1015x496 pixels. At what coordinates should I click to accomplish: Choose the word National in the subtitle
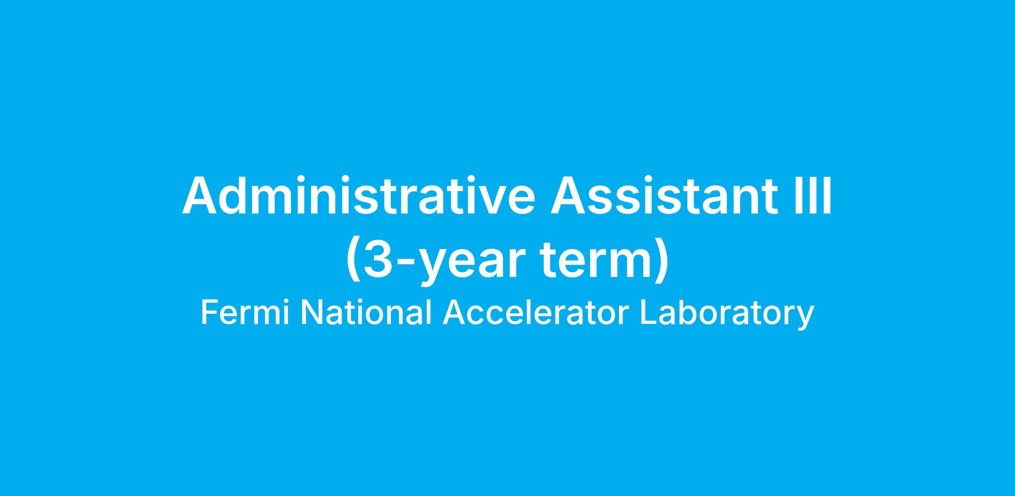[x=366, y=313]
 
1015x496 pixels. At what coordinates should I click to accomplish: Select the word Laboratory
[x=727, y=315]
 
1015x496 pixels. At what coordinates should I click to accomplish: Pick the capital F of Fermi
[x=209, y=313]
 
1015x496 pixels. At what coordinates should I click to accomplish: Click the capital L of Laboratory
[x=648, y=313]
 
